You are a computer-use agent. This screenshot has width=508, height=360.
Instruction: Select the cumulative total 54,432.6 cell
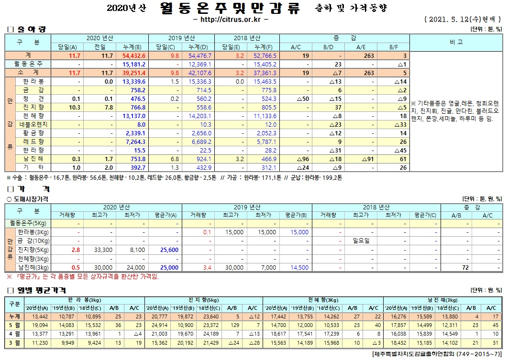pyautogui.click(x=133, y=55)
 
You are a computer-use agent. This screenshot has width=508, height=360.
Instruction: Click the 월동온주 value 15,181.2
pyautogui.click(x=134, y=64)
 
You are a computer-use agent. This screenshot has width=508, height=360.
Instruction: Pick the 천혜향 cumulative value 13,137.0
pyautogui.click(x=134, y=116)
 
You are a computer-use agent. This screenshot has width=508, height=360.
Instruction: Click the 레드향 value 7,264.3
pyautogui.click(x=134, y=142)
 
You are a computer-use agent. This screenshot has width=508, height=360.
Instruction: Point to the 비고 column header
pyautogui.click(x=456, y=42)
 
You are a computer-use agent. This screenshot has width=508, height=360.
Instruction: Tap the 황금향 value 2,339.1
pyautogui.click(x=134, y=133)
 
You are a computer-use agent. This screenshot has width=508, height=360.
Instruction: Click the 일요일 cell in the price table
pyautogui.click(x=361, y=240)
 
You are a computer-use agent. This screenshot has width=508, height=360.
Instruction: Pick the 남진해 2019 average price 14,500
pyautogui.click(x=299, y=267)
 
